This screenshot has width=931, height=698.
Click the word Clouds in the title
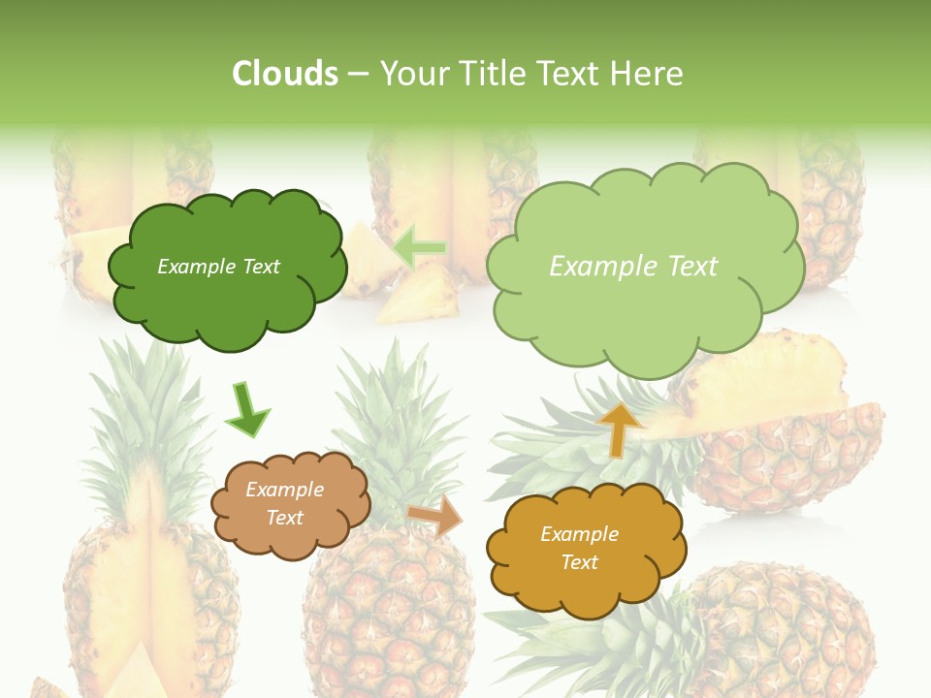coord(284,74)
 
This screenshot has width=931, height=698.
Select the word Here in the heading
coord(649,74)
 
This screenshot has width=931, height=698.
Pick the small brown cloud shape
coord(291,538)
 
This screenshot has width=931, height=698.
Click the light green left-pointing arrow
coord(419,247)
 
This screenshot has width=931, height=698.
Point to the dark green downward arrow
coord(246,410)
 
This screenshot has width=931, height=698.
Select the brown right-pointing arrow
coord(435,517)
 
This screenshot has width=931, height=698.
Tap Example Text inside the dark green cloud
coord(218,267)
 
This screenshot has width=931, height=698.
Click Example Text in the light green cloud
coord(633,267)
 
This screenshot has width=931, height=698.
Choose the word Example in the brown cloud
coord(285,490)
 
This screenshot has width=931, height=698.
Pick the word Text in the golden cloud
coord(579,562)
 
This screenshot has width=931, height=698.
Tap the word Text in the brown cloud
coord(285,518)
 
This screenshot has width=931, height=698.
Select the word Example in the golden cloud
coord(579,534)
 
